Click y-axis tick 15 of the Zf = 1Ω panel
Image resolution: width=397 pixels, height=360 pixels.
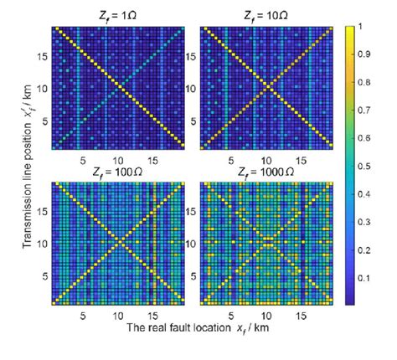pyautogui.click(x=42, y=57)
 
